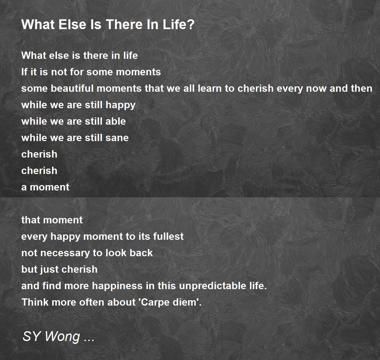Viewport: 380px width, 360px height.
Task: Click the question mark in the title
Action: (191, 24)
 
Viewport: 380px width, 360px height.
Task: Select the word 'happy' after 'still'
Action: (121, 105)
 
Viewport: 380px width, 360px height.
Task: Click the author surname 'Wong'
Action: (63, 337)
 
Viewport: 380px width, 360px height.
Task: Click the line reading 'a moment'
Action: (45, 187)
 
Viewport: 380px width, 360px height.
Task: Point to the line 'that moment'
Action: (52, 220)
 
